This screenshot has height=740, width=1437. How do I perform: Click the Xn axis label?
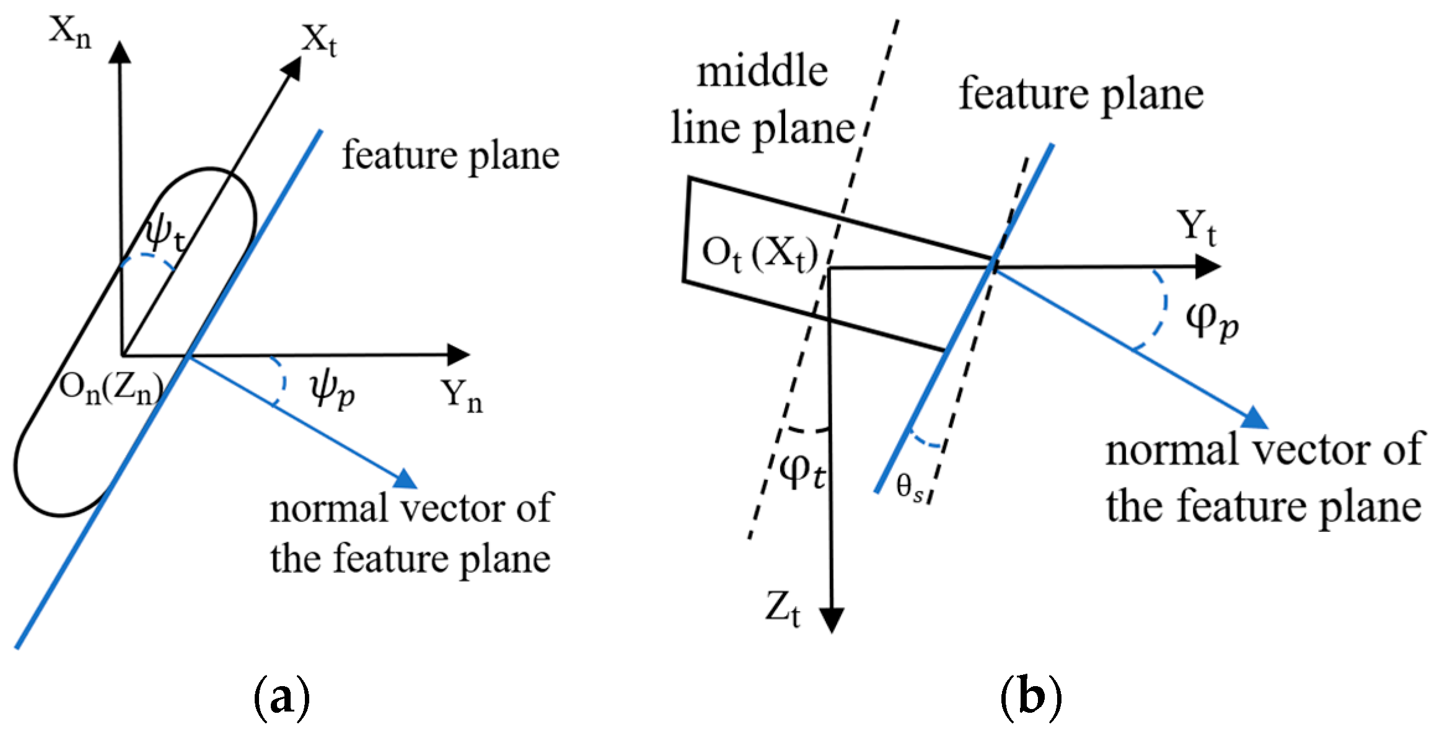tap(69, 32)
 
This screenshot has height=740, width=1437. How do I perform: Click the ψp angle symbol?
tap(332, 390)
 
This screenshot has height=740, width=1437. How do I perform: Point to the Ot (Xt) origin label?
tap(760, 254)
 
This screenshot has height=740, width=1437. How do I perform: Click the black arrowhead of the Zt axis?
tap(832, 619)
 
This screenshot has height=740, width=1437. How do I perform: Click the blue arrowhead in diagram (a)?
tap(406, 479)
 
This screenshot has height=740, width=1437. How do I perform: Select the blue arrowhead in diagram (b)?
tap(1255, 419)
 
